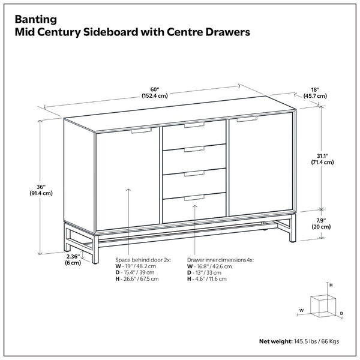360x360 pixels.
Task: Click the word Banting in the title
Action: click(36, 20)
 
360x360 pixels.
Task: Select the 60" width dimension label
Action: click(155, 92)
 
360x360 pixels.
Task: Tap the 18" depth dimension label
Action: click(315, 93)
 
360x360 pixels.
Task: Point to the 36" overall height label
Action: click(41, 190)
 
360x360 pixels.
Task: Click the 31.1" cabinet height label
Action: click(322, 159)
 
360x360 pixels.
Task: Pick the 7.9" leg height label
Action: click(321, 224)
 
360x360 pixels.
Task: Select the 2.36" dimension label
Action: click(73, 259)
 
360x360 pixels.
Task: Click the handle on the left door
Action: click(142, 131)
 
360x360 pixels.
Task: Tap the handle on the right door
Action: click(247, 119)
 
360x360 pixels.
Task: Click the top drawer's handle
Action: click(194, 125)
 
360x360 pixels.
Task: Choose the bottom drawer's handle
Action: click(194, 198)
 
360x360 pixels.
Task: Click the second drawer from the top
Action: click(194, 159)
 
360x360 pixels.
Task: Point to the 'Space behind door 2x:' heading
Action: click(143, 260)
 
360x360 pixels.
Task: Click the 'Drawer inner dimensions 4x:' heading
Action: click(220, 260)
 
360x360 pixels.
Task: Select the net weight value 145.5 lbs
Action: click(305, 341)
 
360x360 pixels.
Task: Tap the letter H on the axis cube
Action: click(331, 286)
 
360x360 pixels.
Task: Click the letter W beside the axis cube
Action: click(301, 311)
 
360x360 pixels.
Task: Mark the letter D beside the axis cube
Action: click(341, 313)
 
